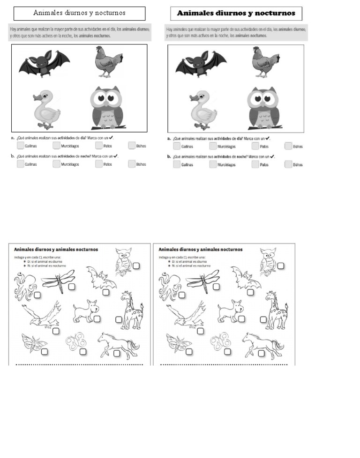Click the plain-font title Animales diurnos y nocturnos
point(79,13)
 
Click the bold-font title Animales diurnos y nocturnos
point(236,13)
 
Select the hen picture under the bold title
point(265,61)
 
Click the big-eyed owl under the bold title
point(263,107)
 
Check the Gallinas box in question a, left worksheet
point(20,146)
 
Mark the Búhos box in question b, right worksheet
point(288,164)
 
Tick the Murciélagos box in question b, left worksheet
point(56,164)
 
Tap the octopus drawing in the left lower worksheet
point(24,286)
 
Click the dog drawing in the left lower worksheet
point(85,310)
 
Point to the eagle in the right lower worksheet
point(187,313)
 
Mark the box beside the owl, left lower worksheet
point(136,266)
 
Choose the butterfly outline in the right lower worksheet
point(219,341)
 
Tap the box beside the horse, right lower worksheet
point(261,353)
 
